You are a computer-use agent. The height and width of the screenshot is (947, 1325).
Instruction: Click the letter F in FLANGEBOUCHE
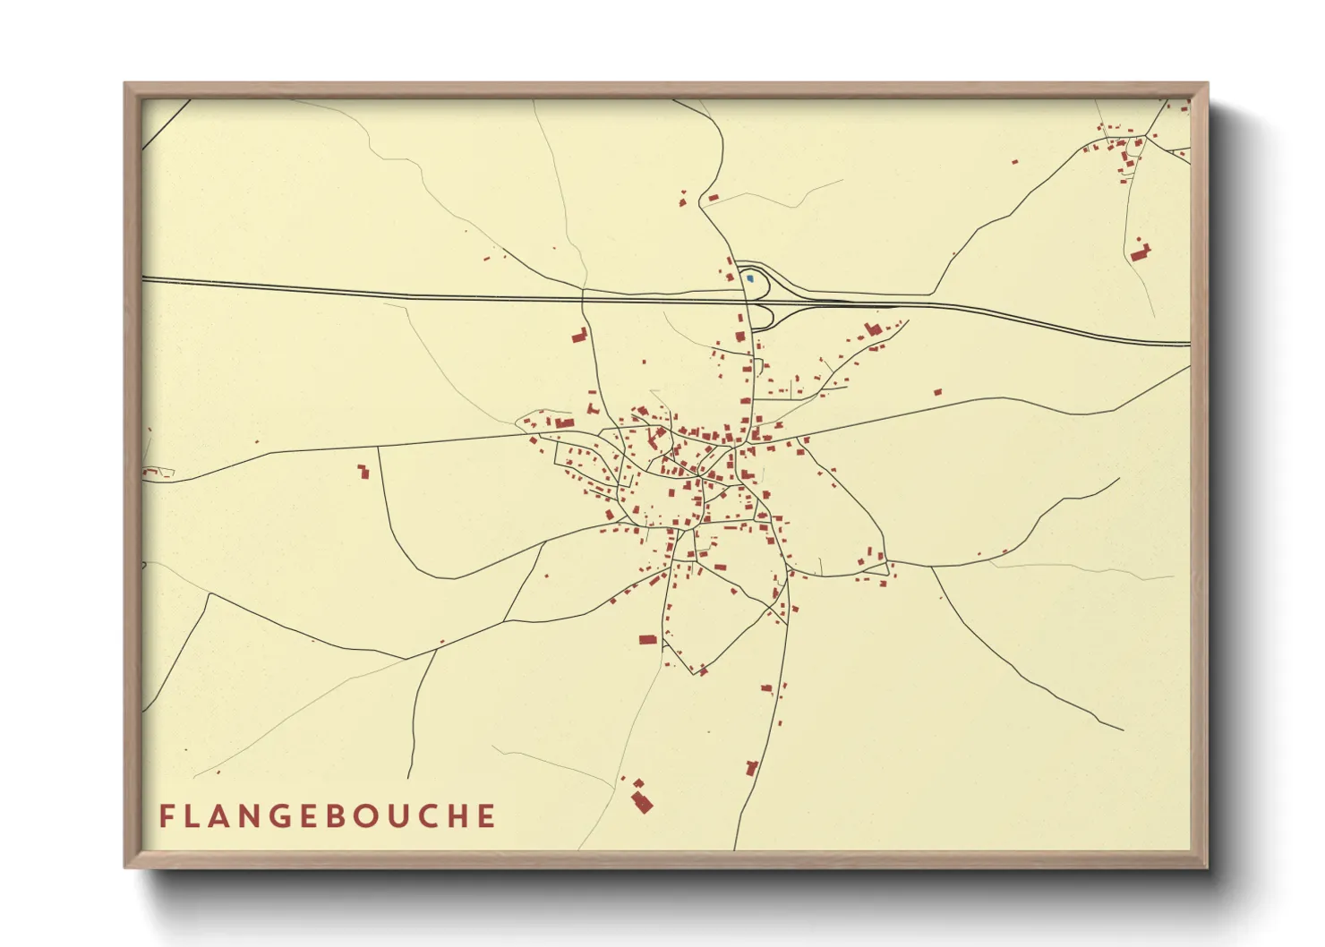pos(167,816)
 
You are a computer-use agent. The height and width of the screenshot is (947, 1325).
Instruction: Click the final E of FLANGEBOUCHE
pos(486,816)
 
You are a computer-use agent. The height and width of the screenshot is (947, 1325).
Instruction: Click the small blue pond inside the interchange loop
pos(750,279)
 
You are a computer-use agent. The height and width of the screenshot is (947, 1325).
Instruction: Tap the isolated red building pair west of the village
pos(363,471)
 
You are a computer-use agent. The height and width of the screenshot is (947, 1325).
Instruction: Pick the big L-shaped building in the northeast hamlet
pos(1140,252)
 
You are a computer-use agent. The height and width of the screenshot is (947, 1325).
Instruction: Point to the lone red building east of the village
pos(937,392)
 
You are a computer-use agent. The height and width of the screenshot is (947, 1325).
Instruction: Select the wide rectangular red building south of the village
pos(648,640)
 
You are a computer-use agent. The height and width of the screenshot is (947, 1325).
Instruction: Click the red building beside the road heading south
pos(752,768)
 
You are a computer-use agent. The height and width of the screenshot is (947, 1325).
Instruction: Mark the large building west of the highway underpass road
pos(579,337)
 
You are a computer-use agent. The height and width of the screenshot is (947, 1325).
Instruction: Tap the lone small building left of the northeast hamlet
pos(1014,162)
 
